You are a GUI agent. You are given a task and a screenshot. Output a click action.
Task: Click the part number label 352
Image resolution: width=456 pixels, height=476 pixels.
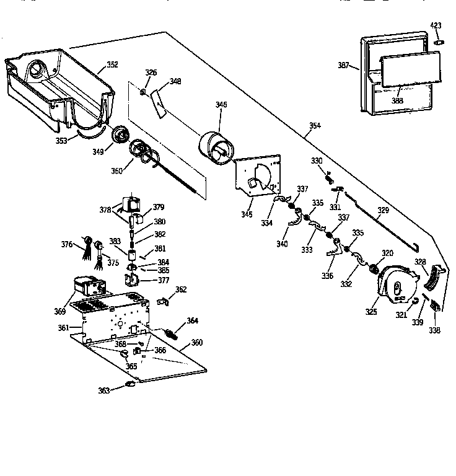tap(112, 64)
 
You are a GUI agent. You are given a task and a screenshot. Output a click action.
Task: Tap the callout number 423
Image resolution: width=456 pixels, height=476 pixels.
tap(436, 25)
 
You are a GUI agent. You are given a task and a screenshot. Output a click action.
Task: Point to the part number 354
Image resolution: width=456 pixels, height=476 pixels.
tap(315, 126)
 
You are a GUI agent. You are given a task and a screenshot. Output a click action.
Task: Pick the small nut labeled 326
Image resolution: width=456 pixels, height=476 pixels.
tap(142, 92)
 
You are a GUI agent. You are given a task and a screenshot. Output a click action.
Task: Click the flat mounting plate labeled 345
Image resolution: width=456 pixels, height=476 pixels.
tap(255, 175)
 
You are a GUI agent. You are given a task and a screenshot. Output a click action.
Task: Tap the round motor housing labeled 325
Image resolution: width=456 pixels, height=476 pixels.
tap(397, 284)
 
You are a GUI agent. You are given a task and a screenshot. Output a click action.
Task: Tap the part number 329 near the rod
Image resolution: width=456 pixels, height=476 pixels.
tap(384, 211)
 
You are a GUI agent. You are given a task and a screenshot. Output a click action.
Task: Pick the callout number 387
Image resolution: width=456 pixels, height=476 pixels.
tap(344, 65)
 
